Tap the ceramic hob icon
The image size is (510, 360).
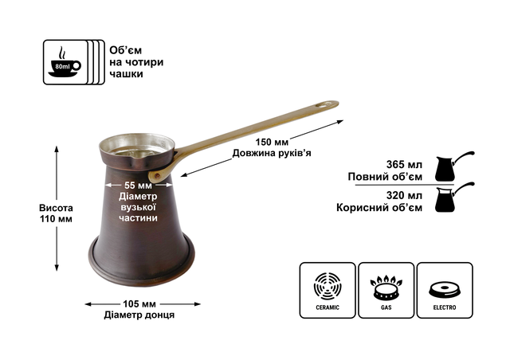click(328, 286)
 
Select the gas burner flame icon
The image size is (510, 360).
click(386, 288)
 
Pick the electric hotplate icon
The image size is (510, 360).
click(445, 290)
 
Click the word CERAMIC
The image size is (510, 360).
click(328, 307)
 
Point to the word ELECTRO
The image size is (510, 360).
click(445, 307)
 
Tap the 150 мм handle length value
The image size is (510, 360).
click(272, 142)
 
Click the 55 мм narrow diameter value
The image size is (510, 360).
click(138, 186)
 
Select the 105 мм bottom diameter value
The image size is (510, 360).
click(139, 304)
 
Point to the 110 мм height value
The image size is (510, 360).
click(56, 219)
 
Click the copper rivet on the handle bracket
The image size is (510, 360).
click(158, 175)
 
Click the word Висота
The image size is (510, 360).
click(56, 208)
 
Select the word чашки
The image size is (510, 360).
click(126, 74)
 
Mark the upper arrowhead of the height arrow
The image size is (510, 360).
click(57, 149)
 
